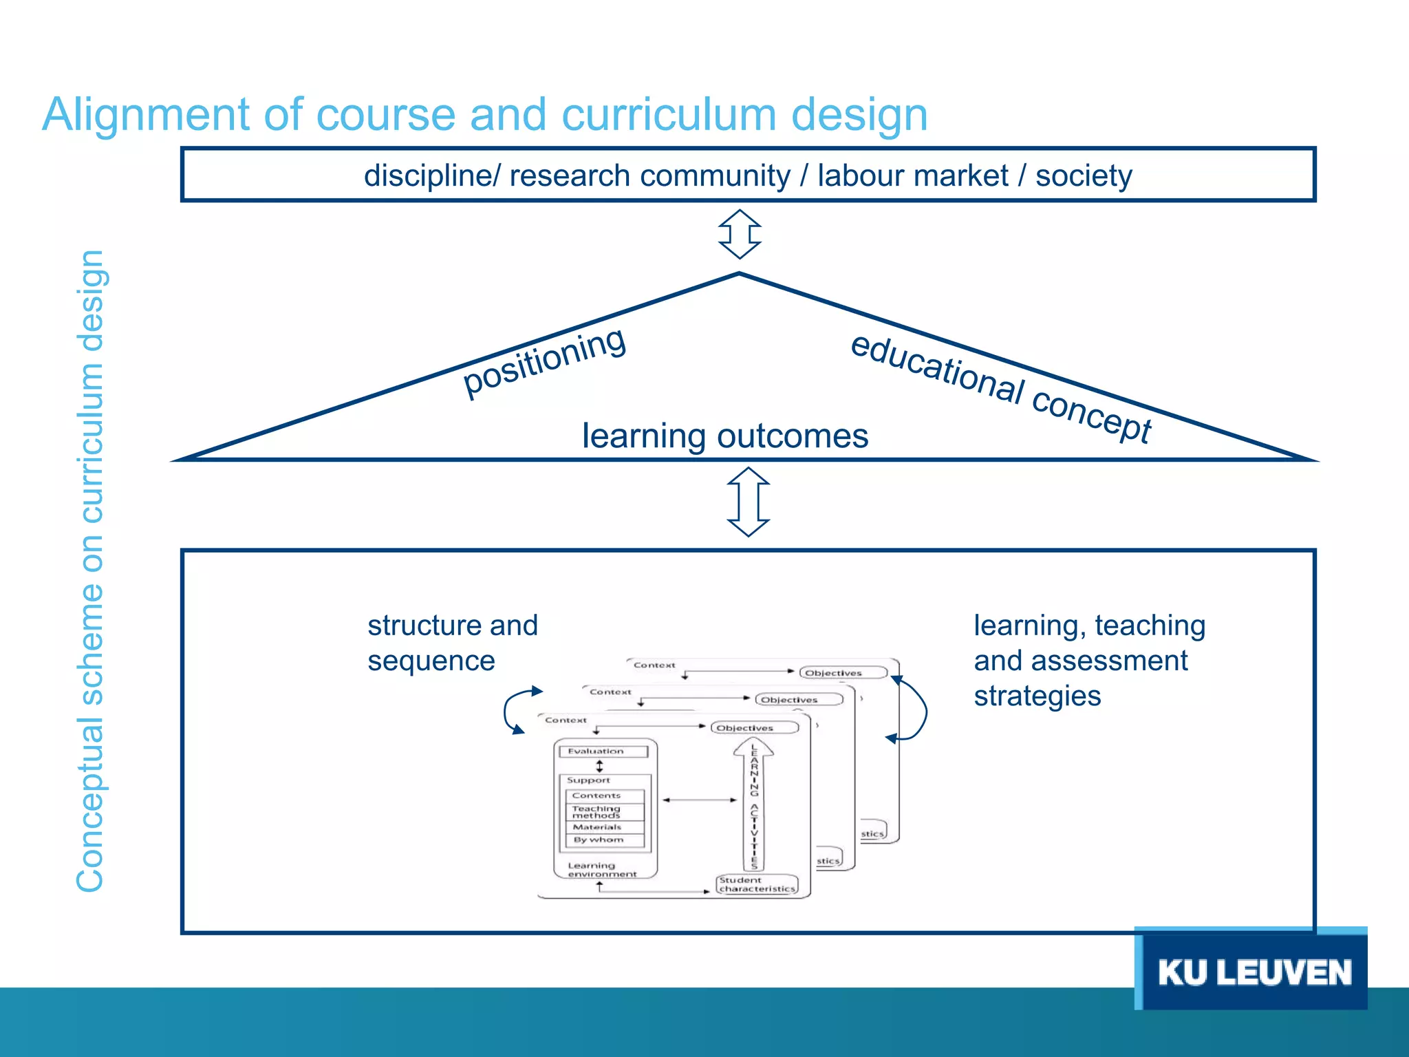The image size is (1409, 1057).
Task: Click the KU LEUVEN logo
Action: point(1254,972)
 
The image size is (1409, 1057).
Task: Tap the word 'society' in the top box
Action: point(1084,175)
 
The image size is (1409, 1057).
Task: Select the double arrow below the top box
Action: point(740,234)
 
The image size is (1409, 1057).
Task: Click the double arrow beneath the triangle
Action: point(749,502)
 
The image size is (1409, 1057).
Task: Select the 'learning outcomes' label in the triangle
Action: point(725,436)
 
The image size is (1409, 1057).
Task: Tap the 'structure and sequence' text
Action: point(452,643)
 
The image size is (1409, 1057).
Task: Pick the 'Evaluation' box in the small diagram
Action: point(603,751)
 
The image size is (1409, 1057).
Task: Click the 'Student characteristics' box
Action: point(757,884)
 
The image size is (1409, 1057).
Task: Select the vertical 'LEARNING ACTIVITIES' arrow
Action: point(754,805)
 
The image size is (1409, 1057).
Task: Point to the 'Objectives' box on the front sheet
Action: point(754,728)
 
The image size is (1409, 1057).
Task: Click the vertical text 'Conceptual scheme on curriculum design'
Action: point(90,571)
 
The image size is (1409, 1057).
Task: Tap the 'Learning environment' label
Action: point(602,870)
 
